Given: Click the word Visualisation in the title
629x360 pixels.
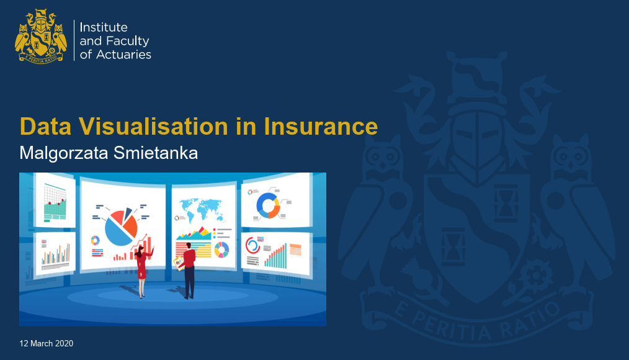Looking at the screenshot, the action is [154, 127].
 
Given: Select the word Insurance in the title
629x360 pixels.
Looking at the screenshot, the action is [321, 127].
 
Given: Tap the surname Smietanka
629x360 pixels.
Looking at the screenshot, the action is [156, 153].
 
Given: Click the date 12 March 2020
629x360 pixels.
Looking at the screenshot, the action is [47, 343].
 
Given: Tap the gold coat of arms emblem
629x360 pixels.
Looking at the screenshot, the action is [40, 37].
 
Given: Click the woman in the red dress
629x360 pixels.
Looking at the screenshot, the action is [143, 272].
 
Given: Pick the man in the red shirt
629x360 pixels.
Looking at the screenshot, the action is [189, 271].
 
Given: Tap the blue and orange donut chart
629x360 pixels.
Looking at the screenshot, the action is [268, 205].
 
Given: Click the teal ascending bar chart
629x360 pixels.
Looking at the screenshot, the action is [275, 256].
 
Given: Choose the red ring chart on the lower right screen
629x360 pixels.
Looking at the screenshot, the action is [252, 245].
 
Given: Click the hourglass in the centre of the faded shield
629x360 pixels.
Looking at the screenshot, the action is [453, 247].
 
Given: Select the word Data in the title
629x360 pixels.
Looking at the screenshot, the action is [46, 127].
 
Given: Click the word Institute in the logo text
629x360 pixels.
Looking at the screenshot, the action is [104, 27].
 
